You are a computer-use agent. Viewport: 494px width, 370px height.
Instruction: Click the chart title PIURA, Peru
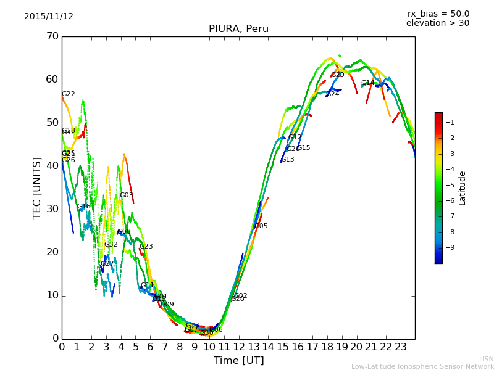[x=238, y=29]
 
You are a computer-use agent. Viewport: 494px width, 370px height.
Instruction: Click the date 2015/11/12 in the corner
[x=49, y=17]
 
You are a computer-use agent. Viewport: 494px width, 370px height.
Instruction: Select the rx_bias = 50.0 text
[x=438, y=14]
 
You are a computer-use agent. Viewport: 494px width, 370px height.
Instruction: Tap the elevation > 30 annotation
[x=438, y=23]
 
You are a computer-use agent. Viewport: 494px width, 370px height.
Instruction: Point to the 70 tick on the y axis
[x=52, y=36]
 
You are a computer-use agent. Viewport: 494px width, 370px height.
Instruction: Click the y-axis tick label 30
[x=52, y=209]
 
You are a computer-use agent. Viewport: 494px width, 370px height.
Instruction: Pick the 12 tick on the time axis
[x=238, y=347]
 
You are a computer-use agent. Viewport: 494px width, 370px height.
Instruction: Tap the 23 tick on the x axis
[x=400, y=347]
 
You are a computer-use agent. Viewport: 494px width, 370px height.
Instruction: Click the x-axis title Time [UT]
[x=238, y=361]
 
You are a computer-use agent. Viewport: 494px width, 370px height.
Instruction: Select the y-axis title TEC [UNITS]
[x=37, y=187]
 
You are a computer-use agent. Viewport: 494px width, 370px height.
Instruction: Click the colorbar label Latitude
[x=462, y=187]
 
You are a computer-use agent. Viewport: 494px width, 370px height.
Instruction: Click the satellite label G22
[x=69, y=94]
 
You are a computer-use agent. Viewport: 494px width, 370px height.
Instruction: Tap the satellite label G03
[x=127, y=195]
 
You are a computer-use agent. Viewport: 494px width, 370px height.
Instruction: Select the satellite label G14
[x=368, y=83]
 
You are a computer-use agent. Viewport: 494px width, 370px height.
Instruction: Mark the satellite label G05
[x=261, y=226]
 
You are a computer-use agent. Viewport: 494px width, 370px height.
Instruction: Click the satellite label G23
[x=146, y=247]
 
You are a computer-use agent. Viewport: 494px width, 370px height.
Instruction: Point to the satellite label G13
[x=288, y=160]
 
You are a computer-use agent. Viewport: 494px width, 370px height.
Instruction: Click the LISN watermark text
[x=486, y=359]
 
